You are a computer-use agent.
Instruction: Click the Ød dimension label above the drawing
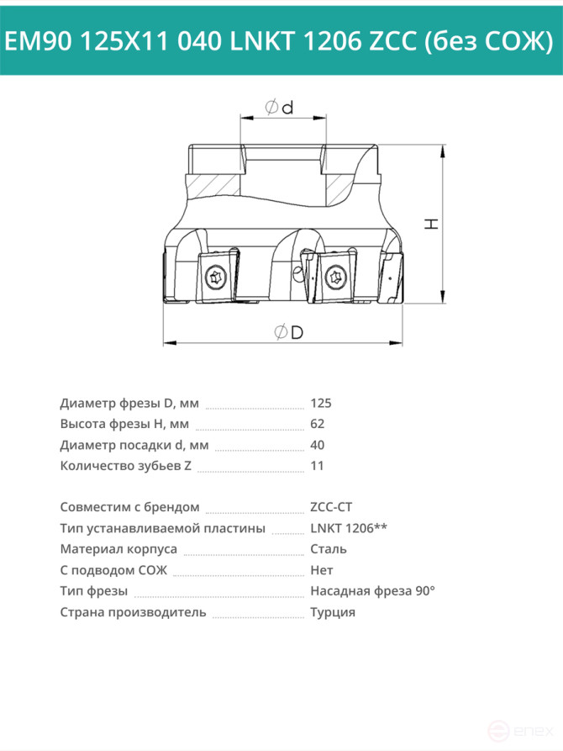280,108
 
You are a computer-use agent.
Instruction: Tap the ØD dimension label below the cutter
289,332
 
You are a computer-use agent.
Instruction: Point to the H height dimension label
432,223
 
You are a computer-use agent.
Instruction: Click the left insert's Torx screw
213,278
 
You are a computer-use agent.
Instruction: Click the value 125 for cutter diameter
321,404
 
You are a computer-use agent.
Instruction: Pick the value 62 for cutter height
318,424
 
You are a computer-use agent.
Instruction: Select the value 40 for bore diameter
318,445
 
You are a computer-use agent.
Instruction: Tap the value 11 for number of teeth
317,466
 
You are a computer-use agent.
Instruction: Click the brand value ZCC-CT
331,507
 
